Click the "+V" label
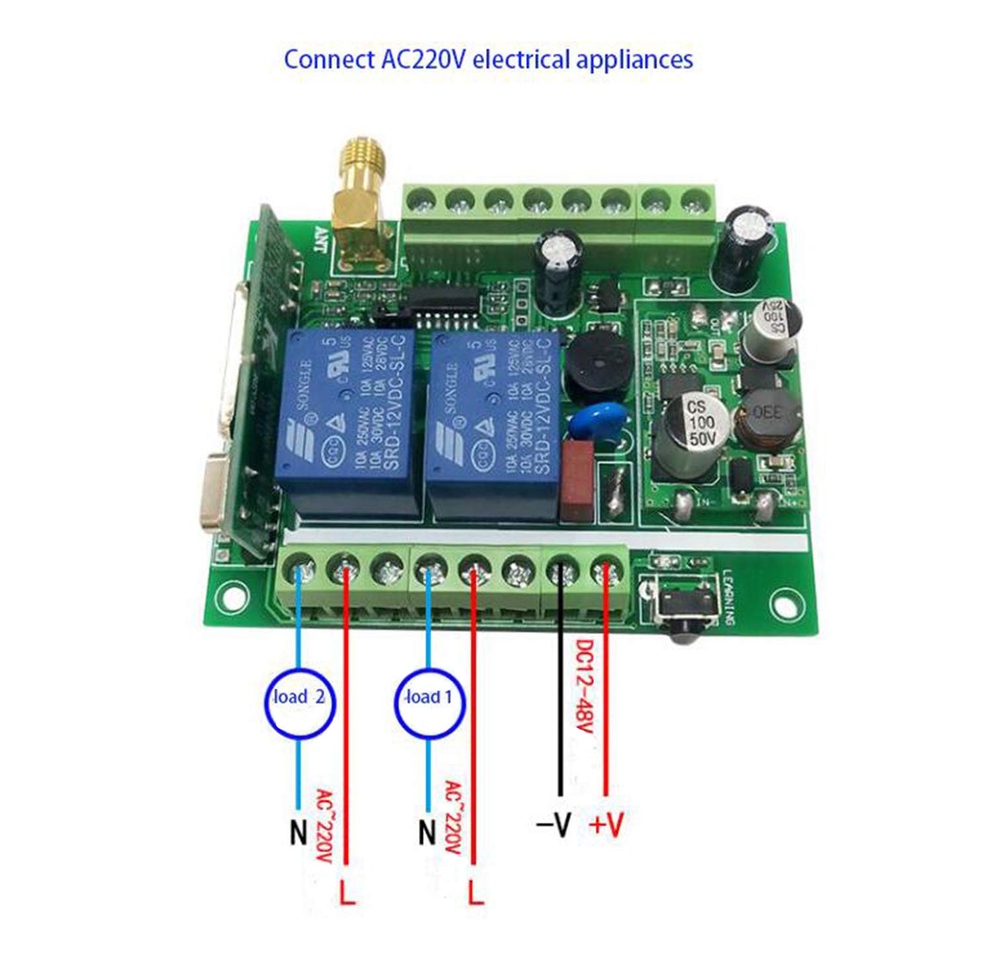(606, 825)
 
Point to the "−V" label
(554, 825)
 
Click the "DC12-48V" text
(584, 686)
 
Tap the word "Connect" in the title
(328, 59)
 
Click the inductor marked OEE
(766, 416)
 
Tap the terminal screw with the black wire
(560, 570)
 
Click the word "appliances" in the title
(634, 59)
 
